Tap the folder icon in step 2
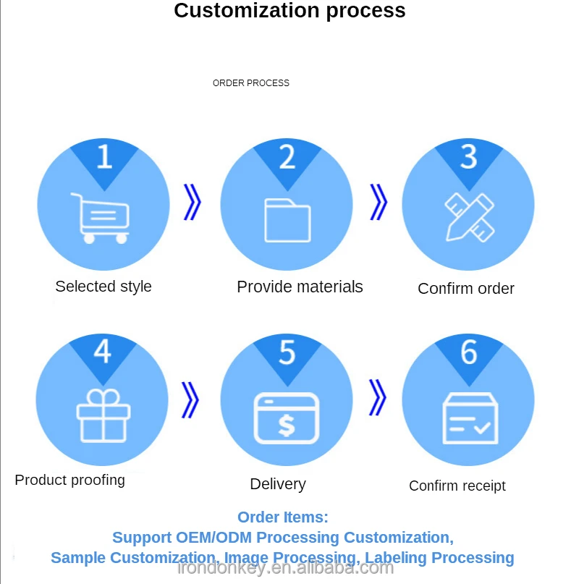(x=287, y=220)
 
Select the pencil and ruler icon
(x=468, y=216)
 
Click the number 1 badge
(x=103, y=157)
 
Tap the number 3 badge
(x=469, y=157)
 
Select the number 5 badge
(x=287, y=353)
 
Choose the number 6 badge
(x=469, y=352)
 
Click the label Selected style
(x=103, y=286)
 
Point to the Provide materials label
(x=300, y=287)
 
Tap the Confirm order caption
(x=466, y=288)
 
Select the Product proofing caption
(x=69, y=480)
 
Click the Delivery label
(x=278, y=484)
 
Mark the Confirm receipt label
(x=457, y=486)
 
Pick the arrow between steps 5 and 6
(x=377, y=397)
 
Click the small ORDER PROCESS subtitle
(x=250, y=83)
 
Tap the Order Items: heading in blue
(x=283, y=517)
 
